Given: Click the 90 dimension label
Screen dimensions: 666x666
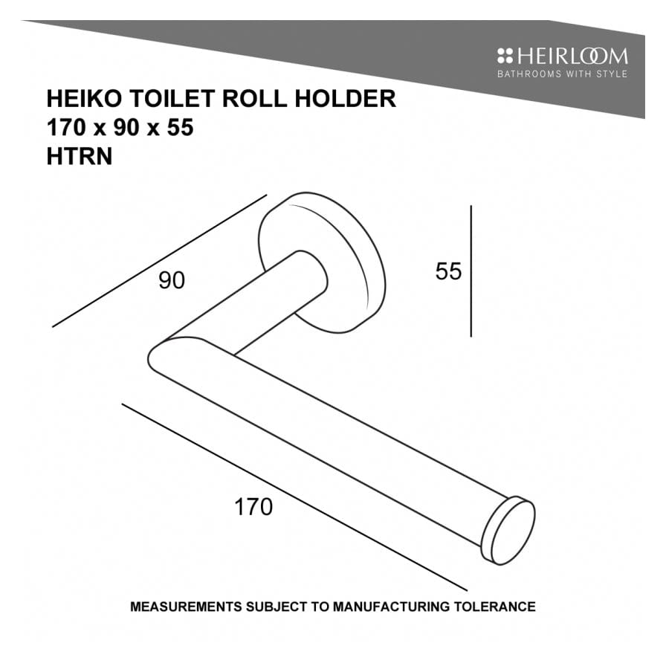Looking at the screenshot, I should pos(171,281).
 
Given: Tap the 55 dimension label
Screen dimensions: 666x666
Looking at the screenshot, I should pos(448,271).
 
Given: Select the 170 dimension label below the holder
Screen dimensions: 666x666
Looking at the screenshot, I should pos(253,507).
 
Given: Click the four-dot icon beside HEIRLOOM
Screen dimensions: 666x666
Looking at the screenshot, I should pos(505,56).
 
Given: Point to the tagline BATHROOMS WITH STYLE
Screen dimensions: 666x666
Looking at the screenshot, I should pos(562,74).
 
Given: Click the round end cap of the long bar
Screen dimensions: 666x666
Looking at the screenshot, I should pos(510,531).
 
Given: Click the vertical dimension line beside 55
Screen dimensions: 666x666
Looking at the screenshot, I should pos(471,271).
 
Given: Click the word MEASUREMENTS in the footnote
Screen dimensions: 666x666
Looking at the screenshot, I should pos(185,607).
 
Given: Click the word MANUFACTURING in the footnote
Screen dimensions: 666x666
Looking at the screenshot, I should pos(391,607).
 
